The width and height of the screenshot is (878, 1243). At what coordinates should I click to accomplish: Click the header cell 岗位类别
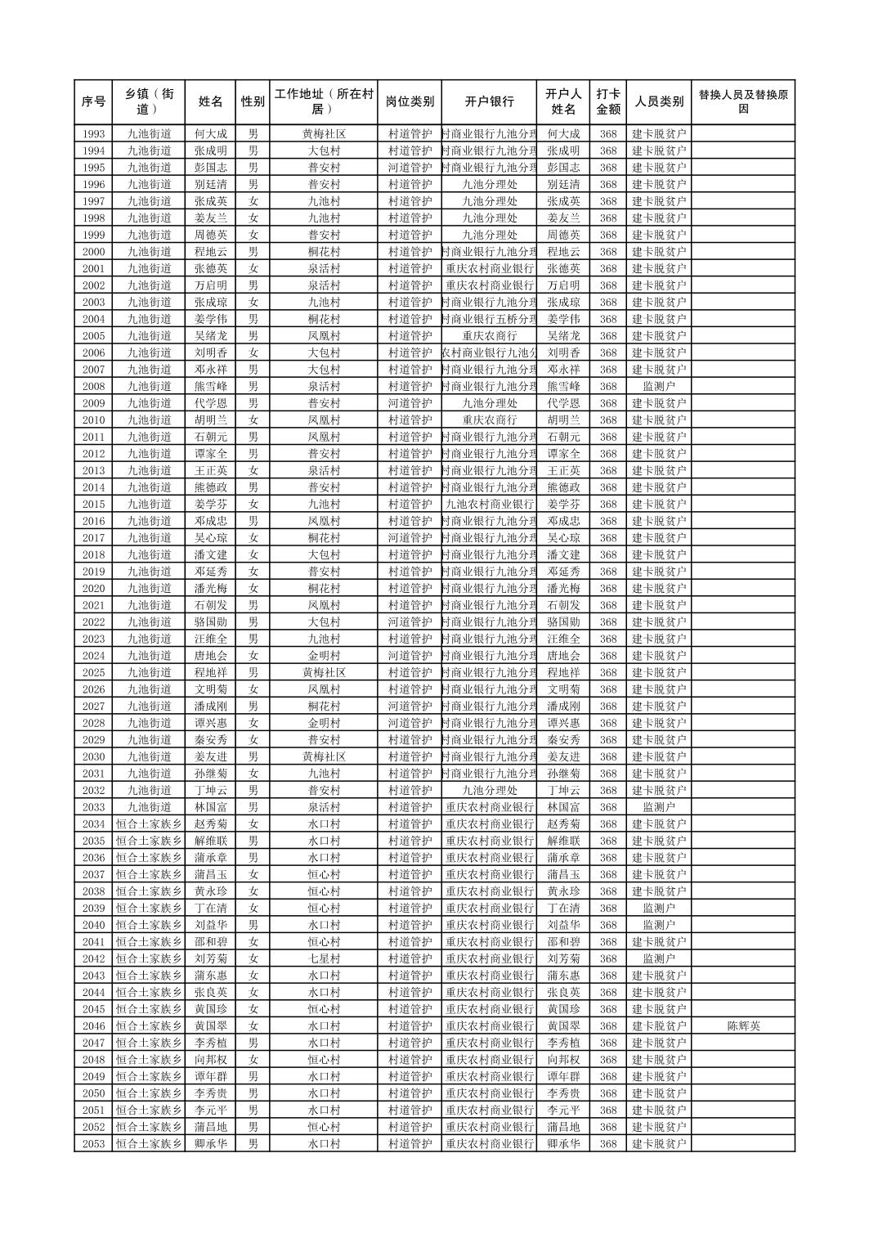410,102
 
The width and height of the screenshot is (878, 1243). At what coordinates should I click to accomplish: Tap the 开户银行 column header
489,102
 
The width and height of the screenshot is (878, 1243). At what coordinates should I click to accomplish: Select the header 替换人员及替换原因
742,102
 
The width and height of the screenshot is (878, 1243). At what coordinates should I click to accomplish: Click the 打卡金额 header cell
607,102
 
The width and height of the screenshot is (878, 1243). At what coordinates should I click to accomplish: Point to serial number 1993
93,134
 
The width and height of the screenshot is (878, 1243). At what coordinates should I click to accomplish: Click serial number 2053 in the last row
93,1143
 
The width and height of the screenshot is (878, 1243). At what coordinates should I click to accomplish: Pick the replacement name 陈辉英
742,1025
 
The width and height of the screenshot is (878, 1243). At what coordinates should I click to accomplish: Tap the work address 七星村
324,958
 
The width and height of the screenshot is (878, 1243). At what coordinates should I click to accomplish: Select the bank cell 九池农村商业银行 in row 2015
489,505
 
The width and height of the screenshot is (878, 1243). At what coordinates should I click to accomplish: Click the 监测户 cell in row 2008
658,386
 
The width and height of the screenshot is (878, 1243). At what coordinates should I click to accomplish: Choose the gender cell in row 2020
253,588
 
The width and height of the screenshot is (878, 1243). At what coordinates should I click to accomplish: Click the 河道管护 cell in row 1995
410,168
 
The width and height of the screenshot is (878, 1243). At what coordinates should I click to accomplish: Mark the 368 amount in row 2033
607,807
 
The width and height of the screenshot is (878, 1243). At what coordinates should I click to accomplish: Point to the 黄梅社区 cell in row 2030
324,756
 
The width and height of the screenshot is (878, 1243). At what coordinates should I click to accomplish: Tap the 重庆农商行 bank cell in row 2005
489,336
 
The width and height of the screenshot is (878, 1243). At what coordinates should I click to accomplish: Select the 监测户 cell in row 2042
658,958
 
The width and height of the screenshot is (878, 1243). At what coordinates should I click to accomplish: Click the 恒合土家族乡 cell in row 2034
149,823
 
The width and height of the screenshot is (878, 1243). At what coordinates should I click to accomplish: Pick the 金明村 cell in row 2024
324,656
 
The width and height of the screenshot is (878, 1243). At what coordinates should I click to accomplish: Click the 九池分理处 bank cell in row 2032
489,790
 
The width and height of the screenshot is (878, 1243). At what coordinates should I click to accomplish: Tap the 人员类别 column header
658,102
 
